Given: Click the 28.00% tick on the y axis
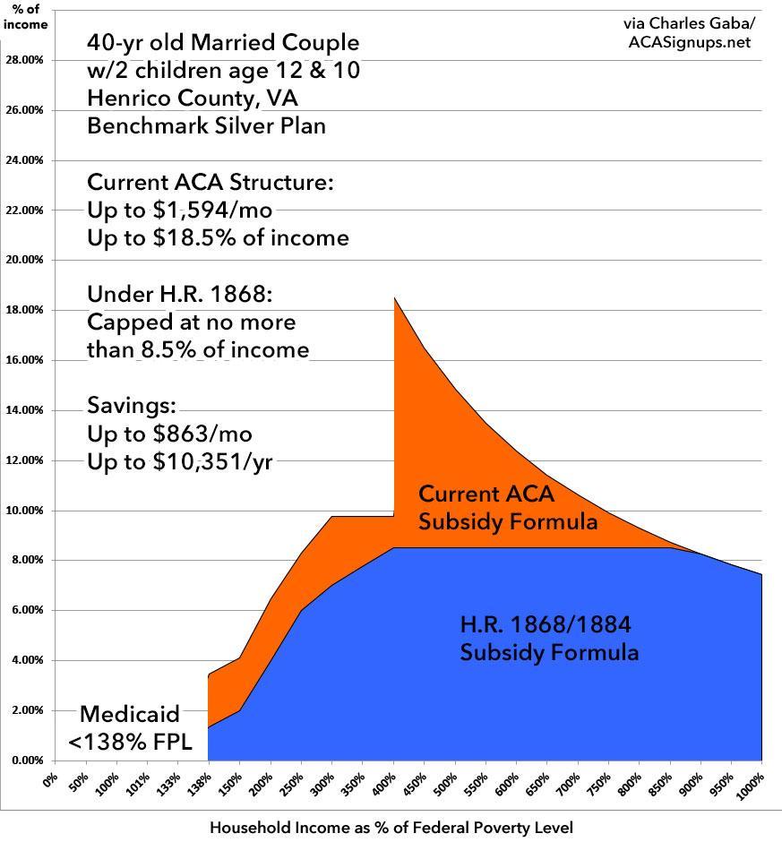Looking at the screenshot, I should click(24, 60).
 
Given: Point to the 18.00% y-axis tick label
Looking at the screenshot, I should click(24, 310).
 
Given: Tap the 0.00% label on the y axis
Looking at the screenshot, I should click(26, 760).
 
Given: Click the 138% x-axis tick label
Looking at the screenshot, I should click(200, 780).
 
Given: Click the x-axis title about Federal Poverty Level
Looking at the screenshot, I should click(391, 828).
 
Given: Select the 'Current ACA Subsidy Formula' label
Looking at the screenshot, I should click(508, 507).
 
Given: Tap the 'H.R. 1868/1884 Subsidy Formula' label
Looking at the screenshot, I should click(549, 638).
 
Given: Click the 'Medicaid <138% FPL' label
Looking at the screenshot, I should click(130, 726).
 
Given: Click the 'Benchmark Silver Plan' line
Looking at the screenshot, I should click(206, 125).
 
